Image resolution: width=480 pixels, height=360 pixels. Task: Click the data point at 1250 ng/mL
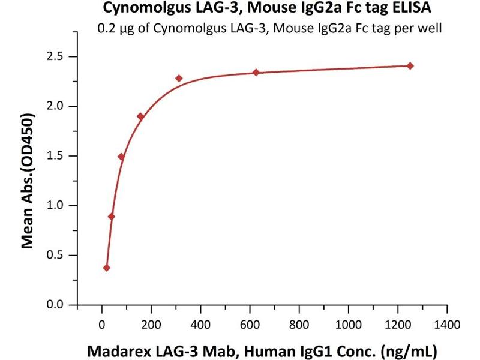410,65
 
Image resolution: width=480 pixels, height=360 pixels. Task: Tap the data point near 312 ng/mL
179,79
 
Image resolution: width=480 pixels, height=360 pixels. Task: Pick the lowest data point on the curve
107,268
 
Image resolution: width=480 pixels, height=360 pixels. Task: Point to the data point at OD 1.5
121,157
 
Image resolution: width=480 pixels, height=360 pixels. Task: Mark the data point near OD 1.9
140,116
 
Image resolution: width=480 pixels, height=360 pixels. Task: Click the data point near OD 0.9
112,217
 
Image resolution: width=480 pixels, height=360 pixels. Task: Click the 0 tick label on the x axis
102,325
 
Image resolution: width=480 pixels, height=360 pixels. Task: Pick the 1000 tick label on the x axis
347,325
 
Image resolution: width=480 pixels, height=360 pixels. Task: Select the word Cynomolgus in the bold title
140,9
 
